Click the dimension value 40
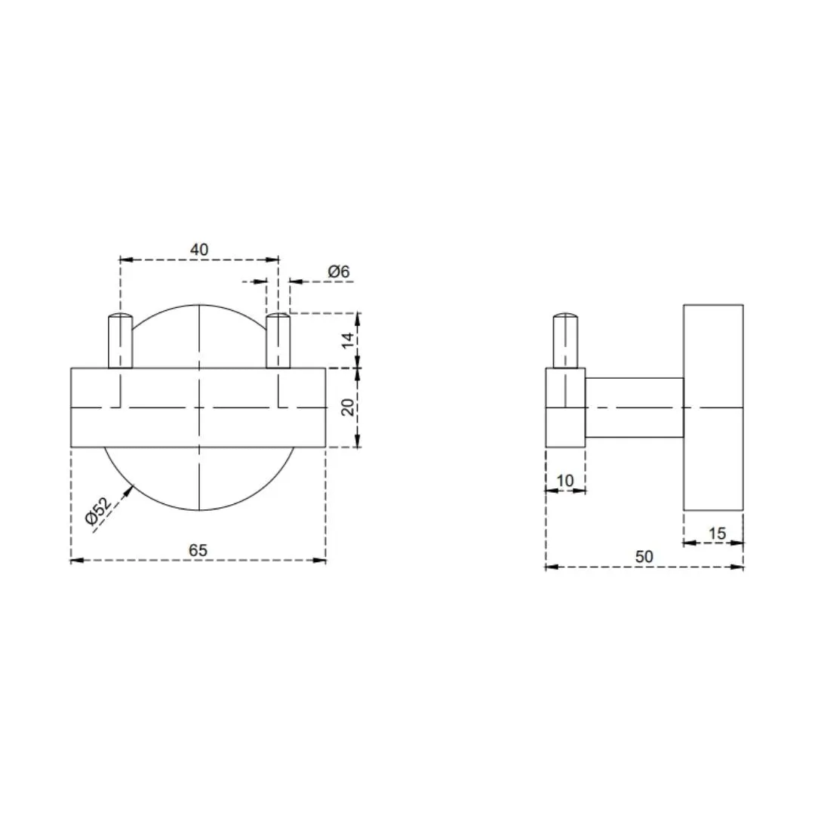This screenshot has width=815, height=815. [x=199, y=250]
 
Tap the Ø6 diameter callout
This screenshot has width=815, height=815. [x=338, y=272]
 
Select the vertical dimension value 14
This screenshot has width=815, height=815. [x=348, y=340]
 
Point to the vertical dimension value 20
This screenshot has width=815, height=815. [x=348, y=407]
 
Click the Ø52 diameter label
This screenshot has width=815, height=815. [x=99, y=512]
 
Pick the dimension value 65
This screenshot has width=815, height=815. [x=198, y=550]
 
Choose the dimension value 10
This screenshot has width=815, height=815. [x=565, y=480]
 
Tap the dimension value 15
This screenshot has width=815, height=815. [x=717, y=534]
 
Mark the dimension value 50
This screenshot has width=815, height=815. [x=644, y=557]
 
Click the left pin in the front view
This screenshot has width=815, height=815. [x=120, y=341]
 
